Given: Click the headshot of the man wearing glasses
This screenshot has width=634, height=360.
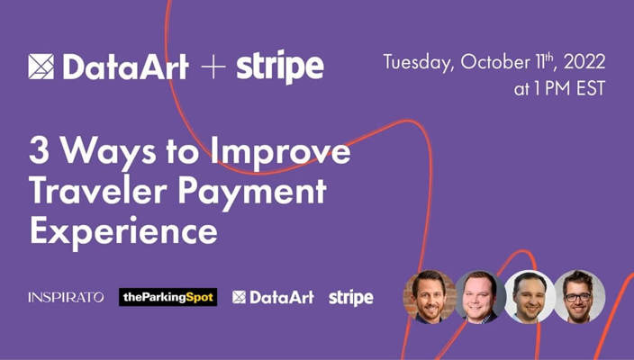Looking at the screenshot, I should (x=579, y=296).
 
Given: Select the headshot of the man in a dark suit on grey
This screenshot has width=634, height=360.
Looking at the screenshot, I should (x=480, y=296).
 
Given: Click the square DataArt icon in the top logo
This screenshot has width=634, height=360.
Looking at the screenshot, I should (x=41, y=67).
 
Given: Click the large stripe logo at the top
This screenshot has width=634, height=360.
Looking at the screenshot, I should (x=280, y=66).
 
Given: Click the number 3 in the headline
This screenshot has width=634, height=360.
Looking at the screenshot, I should (x=40, y=150).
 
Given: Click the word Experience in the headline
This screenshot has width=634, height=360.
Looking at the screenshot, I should (x=123, y=230).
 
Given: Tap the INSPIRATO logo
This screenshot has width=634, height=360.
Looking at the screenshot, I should (x=66, y=297).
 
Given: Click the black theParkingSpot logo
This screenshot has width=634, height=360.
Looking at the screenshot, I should (x=168, y=297).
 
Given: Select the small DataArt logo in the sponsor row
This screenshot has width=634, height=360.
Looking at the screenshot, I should (x=273, y=297).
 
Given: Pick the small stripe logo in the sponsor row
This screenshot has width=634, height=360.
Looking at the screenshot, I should (x=350, y=297).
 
